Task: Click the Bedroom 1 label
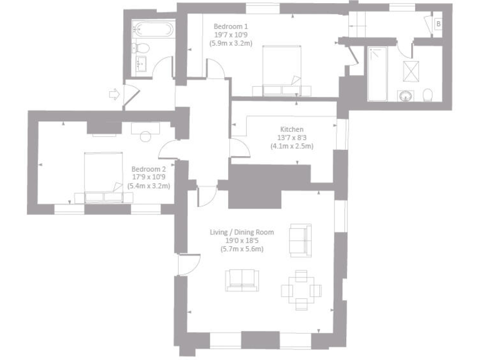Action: [231, 26]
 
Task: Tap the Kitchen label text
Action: [291, 129]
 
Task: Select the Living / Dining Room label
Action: [241, 232]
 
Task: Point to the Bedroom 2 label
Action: [148, 169]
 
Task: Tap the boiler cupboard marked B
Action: [437, 24]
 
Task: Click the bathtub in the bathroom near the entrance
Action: [152, 29]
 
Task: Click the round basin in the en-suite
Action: [406, 96]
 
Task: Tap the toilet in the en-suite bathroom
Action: [428, 95]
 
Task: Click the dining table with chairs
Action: [301, 290]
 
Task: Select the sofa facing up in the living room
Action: [241, 280]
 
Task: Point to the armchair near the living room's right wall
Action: [299, 240]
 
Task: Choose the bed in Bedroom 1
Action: [281, 70]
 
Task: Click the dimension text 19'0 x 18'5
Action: [241, 241]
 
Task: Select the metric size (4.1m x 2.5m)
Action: [291, 146]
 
